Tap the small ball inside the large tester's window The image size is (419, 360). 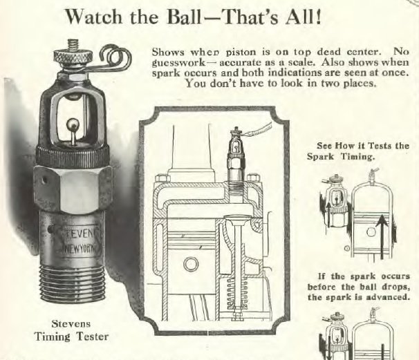click(71, 124)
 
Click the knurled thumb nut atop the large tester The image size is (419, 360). click(73, 56)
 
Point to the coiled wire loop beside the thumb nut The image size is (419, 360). click(115, 55)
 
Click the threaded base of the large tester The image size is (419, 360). click(72, 283)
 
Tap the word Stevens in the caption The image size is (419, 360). click(71, 324)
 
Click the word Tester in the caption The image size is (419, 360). click(92, 337)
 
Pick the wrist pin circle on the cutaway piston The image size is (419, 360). click(191, 264)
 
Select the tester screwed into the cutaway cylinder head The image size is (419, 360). click(236, 158)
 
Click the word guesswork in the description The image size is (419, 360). click(178, 63)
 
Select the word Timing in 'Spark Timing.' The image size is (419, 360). click(357, 156)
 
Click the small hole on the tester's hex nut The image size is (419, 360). click(44, 180)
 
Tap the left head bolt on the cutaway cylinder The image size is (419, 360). click(162, 178)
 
